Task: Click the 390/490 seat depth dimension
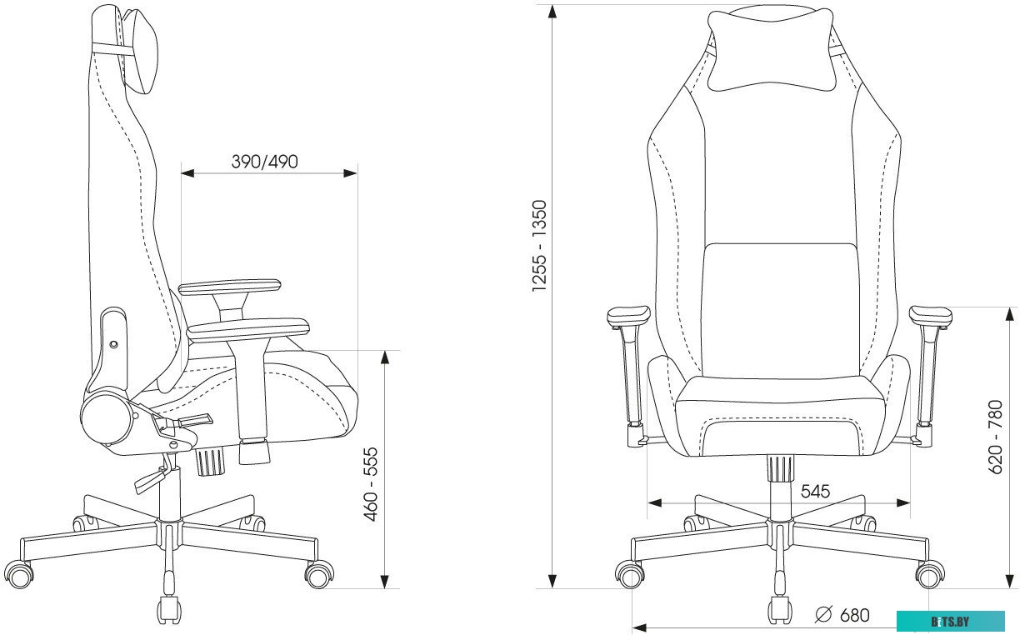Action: [x=264, y=162]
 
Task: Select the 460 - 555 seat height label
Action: [x=372, y=484]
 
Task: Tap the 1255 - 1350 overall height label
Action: [x=539, y=246]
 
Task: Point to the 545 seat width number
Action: [x=816, y=492]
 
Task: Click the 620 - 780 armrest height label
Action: [x=997, y=437]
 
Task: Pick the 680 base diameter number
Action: [x=855, y=615]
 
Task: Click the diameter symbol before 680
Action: [x=823, y=615]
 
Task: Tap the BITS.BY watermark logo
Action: [x=950, y=622]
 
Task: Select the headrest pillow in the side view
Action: [x=141, y=51]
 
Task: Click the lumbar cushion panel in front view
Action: [x=779, y=311]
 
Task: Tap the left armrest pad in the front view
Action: [x=628, y=316]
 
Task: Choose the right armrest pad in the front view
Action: [x=930, y=316]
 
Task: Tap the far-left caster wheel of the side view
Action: [x=20, y=576]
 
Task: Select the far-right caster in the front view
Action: [x=930, y=575]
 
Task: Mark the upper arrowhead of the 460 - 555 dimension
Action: [x=385, y=357]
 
